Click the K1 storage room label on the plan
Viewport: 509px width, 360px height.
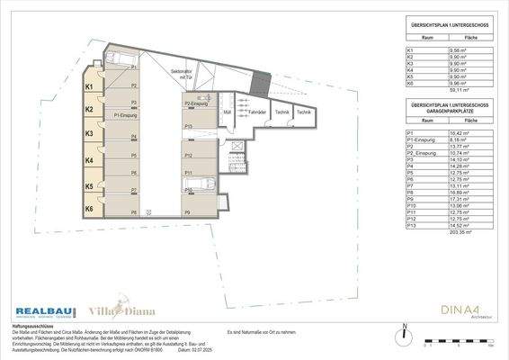(x=89, y=86)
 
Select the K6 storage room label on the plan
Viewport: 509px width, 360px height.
(x=89, y=210)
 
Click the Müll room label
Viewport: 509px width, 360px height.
(x=228, y=112)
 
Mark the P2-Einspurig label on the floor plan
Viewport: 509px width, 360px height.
(x=197, y=104)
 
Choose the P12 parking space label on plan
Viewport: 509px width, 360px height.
(x=189, y=156)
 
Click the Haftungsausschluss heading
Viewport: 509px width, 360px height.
(x=33, y=327)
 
